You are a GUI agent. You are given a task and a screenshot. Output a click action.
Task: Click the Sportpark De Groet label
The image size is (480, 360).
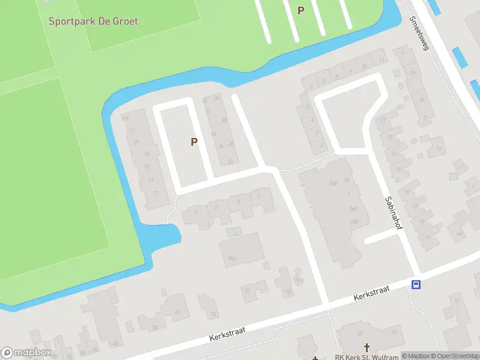point(93,22)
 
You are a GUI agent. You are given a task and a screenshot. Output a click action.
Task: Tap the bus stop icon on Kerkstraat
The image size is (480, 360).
point(415,284)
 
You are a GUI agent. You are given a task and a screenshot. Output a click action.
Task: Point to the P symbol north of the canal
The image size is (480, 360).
point(301,10)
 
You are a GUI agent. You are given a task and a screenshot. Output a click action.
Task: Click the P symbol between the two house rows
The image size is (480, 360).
point(194,142)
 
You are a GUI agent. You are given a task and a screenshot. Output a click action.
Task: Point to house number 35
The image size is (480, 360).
point(148,154)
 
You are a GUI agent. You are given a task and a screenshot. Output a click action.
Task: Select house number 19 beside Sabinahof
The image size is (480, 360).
point(427,237)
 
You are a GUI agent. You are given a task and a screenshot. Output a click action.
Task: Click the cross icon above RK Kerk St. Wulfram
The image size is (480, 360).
point(367,347)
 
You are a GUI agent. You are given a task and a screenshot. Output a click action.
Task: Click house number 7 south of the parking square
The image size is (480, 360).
point(195,211)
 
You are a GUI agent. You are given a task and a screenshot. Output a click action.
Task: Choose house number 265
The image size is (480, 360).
point(353,221)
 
